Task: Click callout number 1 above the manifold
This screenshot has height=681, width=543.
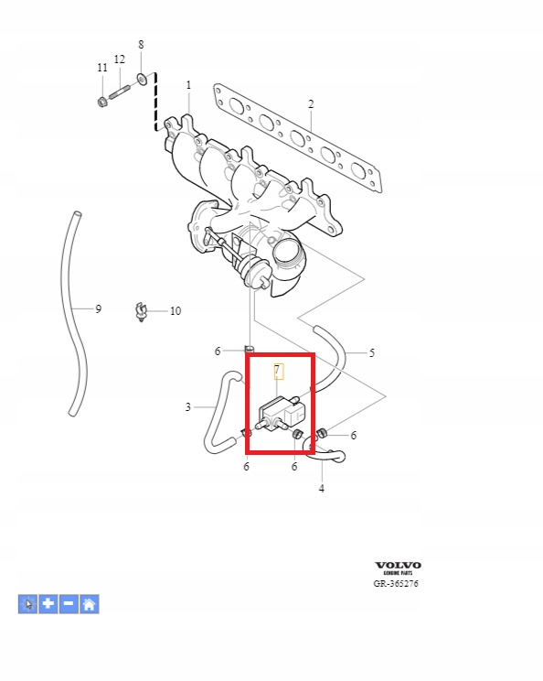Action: coord(188,85)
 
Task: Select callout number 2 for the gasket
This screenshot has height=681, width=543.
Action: coord(311,104)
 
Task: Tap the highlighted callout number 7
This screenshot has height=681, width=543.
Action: coord(278,371)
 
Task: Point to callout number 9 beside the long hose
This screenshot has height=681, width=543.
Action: coord(99,308)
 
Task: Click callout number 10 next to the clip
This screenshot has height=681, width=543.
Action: coord(176,311)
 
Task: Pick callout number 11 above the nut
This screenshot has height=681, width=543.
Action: coord(102,68)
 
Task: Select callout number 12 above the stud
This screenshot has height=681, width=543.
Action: coord(120,59)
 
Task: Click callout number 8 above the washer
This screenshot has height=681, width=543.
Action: coord(141,44)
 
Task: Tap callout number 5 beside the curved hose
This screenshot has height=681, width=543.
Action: coord(372,352)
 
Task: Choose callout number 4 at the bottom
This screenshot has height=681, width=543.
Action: coord(322,489)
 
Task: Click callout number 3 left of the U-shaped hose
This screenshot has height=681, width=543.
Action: coord(187,407)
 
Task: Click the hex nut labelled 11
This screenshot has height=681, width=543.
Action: coord(102,103)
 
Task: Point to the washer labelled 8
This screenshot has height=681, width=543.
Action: coord(142,79)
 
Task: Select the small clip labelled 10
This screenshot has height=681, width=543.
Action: coord(141,311)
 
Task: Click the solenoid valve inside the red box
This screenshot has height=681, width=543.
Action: coord(282,414)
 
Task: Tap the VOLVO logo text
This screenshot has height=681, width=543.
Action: coord(399,565)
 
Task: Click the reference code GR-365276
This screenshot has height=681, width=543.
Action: coord(396,583)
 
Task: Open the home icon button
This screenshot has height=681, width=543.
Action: coord(90,604)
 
